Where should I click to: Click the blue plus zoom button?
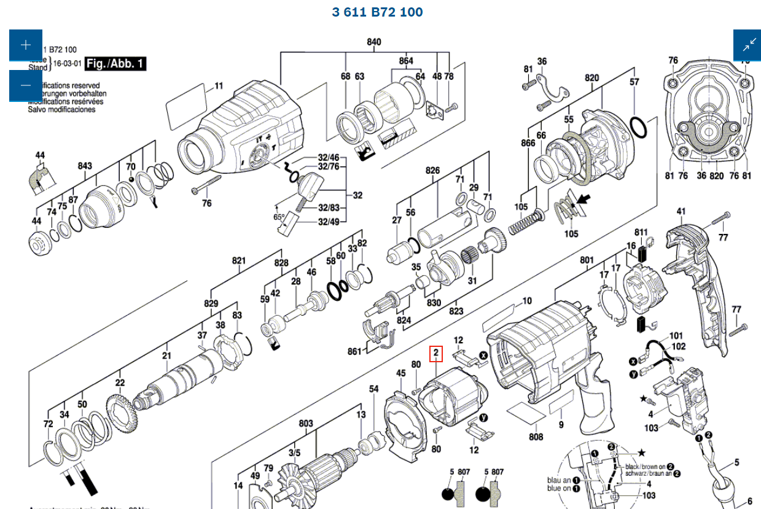25,45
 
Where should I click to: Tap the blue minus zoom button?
25,86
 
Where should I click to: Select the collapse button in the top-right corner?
749,45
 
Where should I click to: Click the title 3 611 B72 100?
377,12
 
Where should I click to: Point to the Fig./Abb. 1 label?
115,64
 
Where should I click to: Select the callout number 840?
374,42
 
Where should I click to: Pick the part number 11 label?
219,85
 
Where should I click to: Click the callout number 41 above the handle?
681,212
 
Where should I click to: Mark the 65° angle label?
278,217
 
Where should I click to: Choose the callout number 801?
587,260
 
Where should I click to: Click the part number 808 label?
536,437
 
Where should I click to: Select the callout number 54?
374,389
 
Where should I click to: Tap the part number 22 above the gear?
120,383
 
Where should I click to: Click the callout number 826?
433,170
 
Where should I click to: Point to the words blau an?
559,480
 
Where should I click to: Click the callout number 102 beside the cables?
678,346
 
